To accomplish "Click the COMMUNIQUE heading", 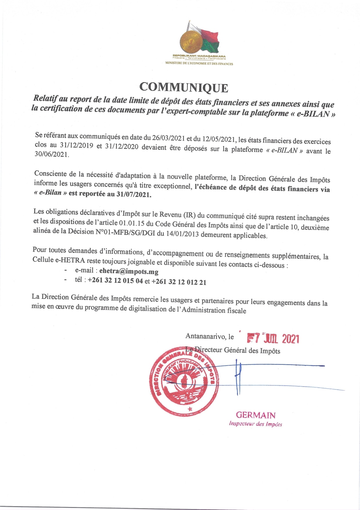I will [x=184, y=87].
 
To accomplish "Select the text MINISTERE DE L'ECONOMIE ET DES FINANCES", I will [x=199, y=64].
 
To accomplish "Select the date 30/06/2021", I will [x=51, y=154].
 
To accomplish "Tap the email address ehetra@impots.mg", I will [x=129, y=271].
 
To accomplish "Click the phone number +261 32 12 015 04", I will [x=115, y=280].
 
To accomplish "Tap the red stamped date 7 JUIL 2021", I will [x=273, y=339].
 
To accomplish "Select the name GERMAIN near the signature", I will [x=255, y=415].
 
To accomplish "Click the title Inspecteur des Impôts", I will [x=255, y=424].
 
